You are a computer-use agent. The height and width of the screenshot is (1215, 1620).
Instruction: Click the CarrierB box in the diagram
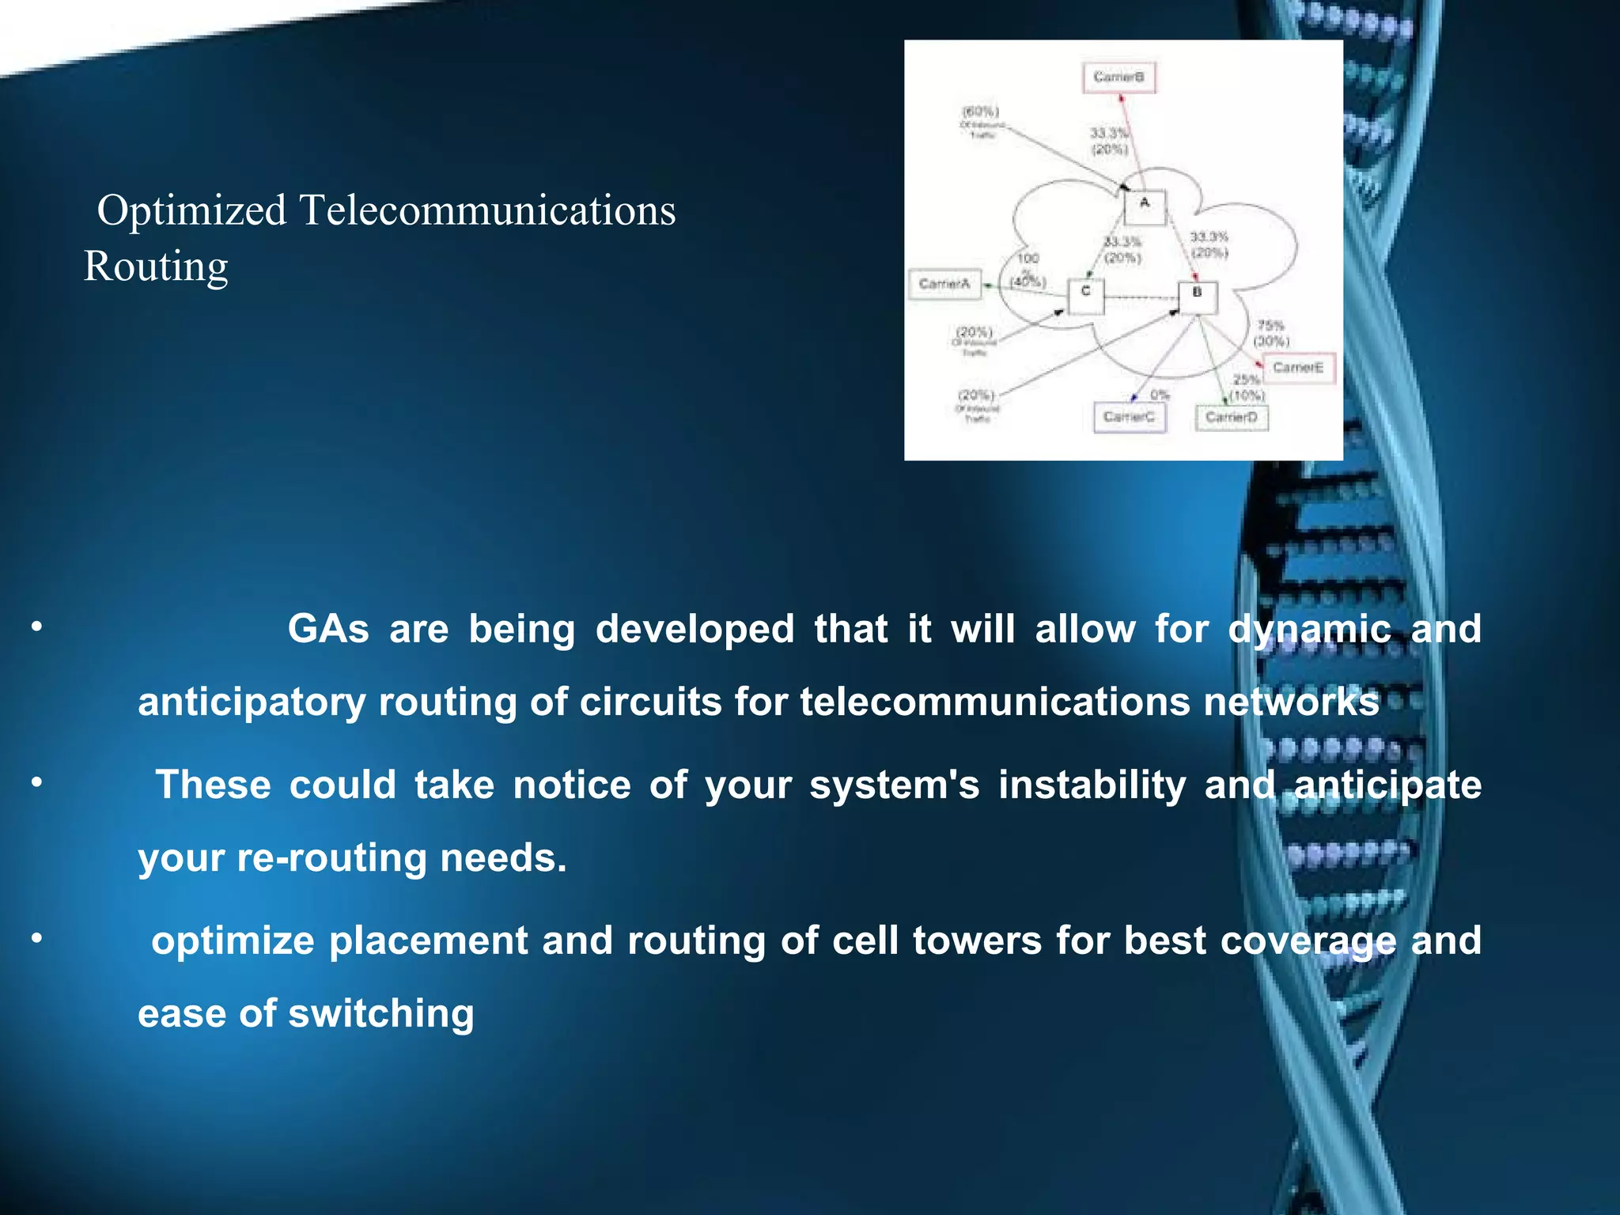pos(1118,78)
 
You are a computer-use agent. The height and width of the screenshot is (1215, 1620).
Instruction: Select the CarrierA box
pos(945,284)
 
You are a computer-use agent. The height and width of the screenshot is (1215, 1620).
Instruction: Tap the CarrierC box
pos(1130,417)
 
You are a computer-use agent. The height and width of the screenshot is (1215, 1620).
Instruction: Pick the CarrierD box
pos(1232,417)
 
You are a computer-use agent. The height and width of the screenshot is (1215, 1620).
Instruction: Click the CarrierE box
pos(1298,368)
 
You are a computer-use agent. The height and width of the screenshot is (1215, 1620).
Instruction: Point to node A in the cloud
pos(1145,206)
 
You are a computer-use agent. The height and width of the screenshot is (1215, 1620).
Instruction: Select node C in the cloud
pos(1086,296)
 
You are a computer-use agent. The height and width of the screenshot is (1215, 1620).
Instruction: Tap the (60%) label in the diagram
pos(980,112)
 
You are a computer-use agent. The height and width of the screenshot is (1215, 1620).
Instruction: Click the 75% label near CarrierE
pos(1270,325)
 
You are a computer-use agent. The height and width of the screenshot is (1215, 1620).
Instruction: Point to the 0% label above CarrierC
pos(1160,395)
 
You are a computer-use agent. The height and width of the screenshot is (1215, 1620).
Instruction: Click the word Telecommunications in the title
pos(487,211)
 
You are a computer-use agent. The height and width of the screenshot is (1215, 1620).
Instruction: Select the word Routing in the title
pos(157,267)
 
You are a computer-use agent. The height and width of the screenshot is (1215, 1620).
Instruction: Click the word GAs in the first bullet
pos(328,630)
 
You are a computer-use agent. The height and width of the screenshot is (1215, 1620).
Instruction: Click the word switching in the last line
pos(381,1014)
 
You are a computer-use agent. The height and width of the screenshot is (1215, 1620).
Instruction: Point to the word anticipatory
pos(252,702)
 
